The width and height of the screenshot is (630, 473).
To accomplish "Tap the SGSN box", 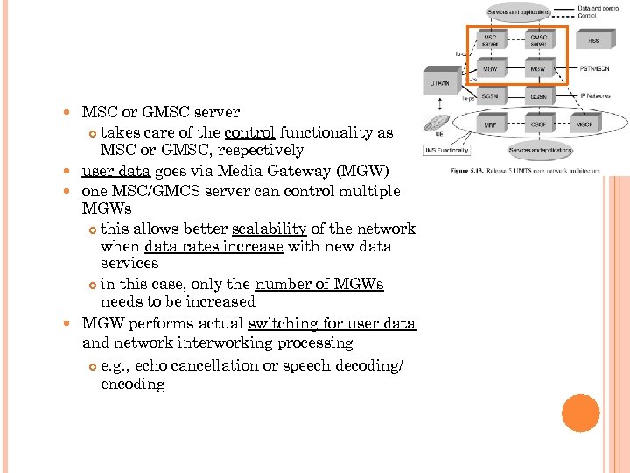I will (x=491, y=96).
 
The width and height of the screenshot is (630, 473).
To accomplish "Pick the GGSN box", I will (x=537, y=96).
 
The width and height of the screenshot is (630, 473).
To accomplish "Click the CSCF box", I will (x=538, y=125).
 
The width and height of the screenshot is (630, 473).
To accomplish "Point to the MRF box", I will (x=491, y=125).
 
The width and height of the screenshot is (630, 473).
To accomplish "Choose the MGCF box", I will (x=583, y=125).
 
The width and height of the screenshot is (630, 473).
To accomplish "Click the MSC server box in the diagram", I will (x=491, y=39).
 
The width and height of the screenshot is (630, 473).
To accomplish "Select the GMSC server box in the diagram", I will (x=537, y=39).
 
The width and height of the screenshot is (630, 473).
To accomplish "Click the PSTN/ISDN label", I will (x=594, y=67).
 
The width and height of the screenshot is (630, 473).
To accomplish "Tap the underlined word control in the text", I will (x=249, y=132).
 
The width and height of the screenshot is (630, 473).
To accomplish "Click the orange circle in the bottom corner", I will (x=581, y=413).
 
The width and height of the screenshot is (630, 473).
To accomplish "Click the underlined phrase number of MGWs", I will (x=319, y=284).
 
